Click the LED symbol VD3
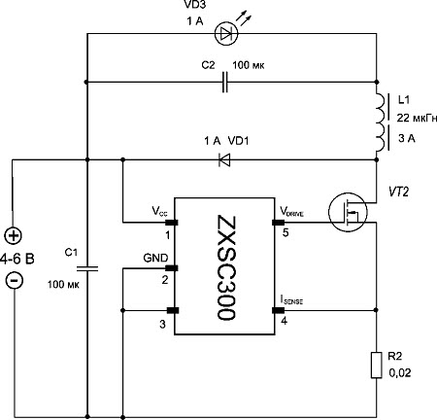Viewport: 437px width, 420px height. (x=226, y=33)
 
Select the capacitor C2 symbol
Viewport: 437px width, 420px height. (x=225, y=82)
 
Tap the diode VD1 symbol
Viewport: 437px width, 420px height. (x=224, y=159)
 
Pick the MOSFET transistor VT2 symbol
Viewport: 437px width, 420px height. (x=348, y=212)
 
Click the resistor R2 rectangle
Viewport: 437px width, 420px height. (x=376, y=365)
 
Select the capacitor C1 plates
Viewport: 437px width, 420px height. (x=87, y=268)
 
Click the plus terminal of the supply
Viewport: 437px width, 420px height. (x=14, y=235)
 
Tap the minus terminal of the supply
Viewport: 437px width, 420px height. (x=15, y=280)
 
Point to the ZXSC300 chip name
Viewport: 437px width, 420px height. (x=227, y=267)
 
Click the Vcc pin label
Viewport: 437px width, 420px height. (x=159, y=211)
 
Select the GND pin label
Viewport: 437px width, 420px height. (x=155, y=258)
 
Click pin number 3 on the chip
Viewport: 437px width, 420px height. (x=162, y=324)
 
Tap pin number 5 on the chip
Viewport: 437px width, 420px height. (x=286, y=232)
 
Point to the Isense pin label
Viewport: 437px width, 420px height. (x=291, y=300)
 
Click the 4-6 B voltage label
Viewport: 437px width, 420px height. (x=17, y=259)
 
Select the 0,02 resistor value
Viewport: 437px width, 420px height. (x=400, y=373)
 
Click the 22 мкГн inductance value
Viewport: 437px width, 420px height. (x=417, y=118)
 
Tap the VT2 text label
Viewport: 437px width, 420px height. (x=398, y=192)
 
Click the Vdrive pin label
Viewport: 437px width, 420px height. (x=292, y=212)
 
